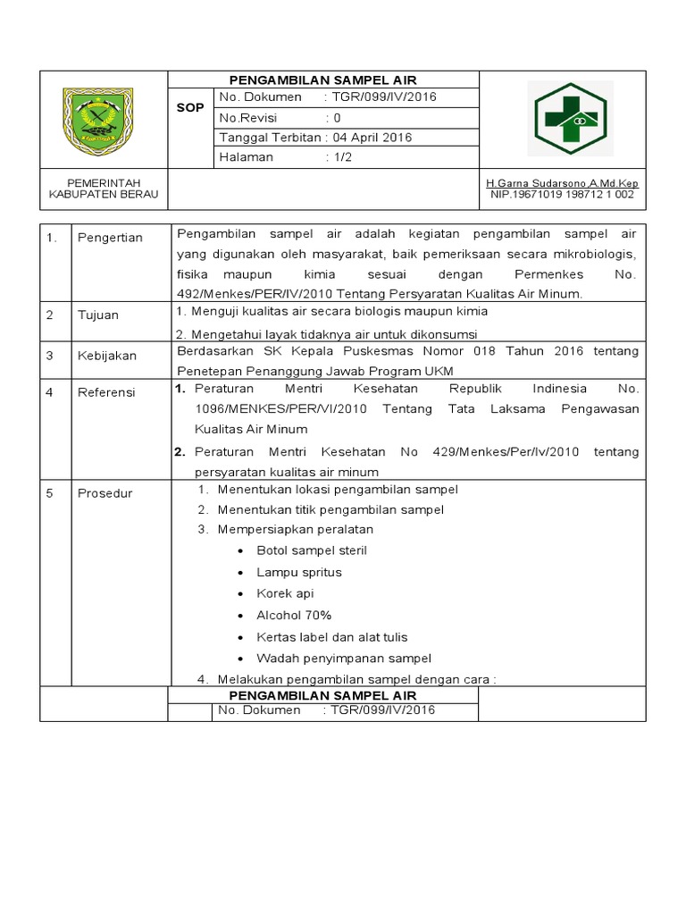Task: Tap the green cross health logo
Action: [570, 119]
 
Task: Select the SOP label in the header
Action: [189, 107]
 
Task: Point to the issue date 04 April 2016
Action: [372, 137]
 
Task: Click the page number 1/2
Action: [343, 156]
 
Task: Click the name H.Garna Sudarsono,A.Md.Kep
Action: [562, 183]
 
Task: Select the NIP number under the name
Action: [562, 194]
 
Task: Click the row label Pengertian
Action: [110, 238]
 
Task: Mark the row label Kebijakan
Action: [106, 355]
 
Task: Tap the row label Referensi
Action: [105, 391]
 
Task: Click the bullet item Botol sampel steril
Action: [311, 550]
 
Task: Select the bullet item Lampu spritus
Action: [298, 572]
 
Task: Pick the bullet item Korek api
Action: [285, 593]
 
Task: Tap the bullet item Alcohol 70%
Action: [294, 615]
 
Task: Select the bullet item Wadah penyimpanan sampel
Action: [343, 658]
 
